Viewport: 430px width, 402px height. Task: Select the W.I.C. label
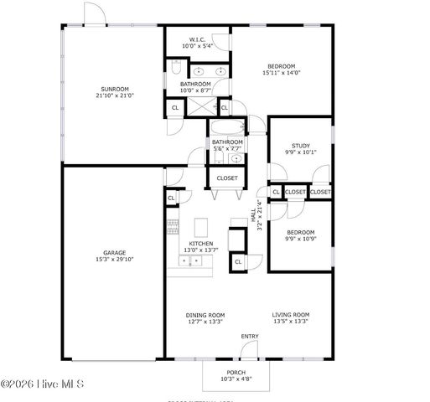197,39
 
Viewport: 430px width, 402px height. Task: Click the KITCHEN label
200,243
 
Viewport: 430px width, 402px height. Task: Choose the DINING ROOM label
205,315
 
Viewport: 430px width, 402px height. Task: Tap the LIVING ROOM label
291,315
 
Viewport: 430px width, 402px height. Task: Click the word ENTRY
250,337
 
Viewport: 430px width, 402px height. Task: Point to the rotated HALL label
261,215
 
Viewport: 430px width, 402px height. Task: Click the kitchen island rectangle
200,227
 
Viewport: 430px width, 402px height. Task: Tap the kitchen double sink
189,261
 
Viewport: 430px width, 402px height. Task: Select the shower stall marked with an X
199,106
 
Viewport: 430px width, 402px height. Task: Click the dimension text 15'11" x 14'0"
281,73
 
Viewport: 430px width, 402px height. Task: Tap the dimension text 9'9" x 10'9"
300,239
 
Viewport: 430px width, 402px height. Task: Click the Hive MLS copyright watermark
44,384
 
